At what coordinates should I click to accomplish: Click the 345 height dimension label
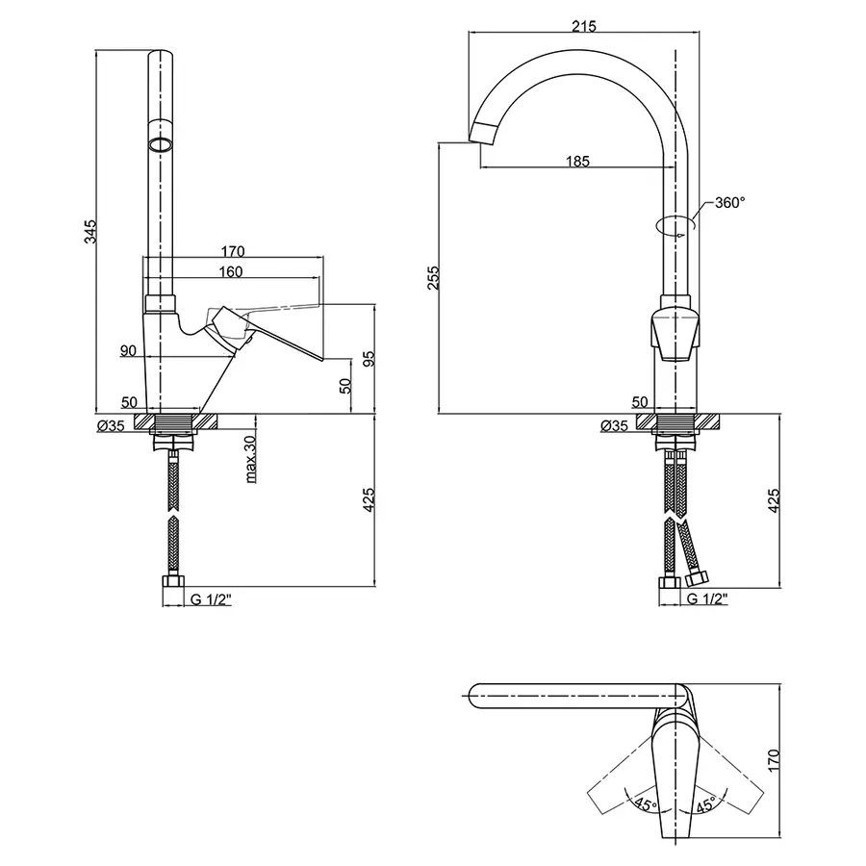point(90,231)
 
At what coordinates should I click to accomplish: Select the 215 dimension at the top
point(584,26)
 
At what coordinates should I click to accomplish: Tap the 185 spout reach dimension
point(577,162)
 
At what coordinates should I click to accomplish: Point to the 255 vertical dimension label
point(434,278)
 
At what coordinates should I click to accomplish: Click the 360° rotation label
point(729,203)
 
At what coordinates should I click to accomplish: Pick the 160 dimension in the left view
point(230,271)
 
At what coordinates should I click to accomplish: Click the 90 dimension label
point(128,350)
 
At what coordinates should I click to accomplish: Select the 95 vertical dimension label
point(369,359)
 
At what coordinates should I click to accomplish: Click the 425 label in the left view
point(369,499)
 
